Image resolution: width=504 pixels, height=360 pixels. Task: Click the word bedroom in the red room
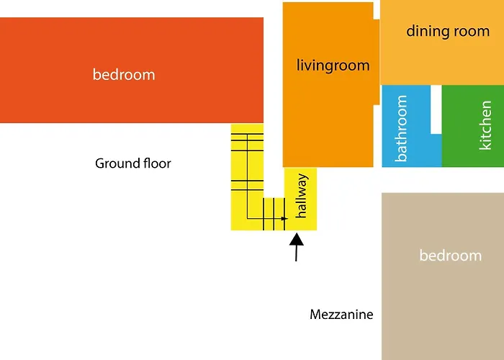click(124, 75)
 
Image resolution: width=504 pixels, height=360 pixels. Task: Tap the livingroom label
click(333, 66)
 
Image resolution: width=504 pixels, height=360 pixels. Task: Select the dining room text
click(448, 32)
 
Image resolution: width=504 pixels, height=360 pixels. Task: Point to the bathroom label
click(400, 128)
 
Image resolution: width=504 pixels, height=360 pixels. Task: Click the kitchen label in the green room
click(485, 125)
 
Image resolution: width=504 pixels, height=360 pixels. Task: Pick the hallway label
click(302, 196)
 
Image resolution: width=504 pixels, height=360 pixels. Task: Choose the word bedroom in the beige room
click(451, 256)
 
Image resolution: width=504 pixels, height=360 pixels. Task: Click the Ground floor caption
click(133, 163)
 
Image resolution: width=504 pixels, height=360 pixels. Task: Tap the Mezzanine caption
click(341, 315)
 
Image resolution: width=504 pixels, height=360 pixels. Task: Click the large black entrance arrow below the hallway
click(297, 247)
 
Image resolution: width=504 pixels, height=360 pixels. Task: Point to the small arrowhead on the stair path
click(284, 219)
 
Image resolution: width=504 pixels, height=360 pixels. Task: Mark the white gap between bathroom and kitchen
click(436, 109)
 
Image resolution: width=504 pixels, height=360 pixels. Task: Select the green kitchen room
click(473, 126)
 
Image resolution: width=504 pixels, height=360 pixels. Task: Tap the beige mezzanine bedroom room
click(443, 276)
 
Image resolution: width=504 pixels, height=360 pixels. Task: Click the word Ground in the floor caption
click(117, 164)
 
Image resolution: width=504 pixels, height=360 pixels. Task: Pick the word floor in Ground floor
click(157, 163)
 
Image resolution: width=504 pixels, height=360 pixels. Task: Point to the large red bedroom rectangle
click(132, 70)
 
